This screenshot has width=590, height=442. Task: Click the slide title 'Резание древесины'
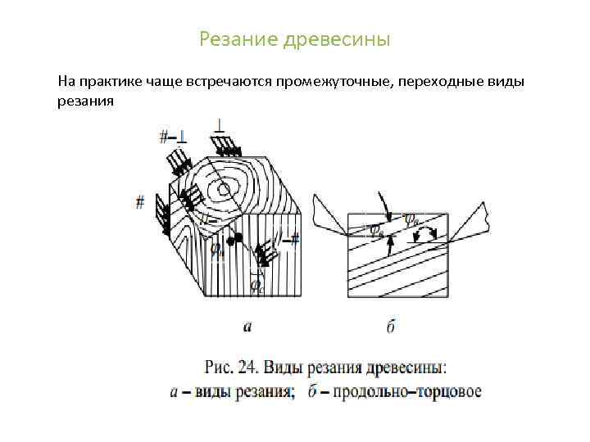tap(294, 39)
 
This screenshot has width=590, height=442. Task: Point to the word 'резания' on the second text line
tap(84, 101)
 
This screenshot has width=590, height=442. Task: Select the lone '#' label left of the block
tap(140, 201)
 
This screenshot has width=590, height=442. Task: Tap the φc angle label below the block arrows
tap(256, 286)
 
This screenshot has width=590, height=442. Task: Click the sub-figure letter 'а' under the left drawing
tap(247, 327)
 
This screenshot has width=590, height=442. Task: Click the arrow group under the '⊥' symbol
tap(224, 146)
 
